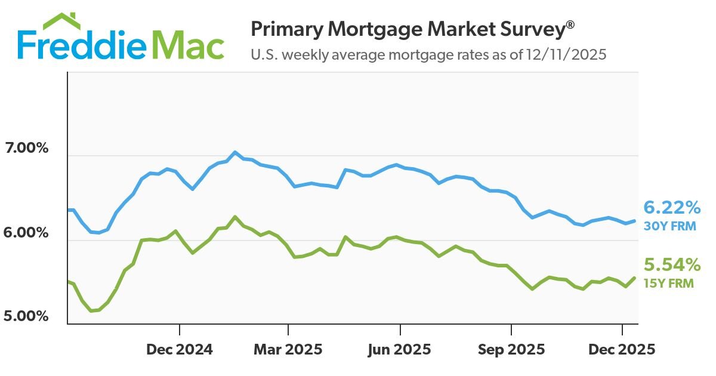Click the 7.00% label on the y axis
pos(26,148)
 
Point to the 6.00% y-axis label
pos(26,232)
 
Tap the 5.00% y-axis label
pos(26,316)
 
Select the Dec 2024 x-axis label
pos(179,349)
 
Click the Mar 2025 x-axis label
pos(288,349)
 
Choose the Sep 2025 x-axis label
pos(511,349)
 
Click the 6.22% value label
pos(671,208)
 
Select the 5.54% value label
pos(671,264)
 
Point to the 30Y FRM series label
pos(669,226)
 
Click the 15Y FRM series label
pos(668,283)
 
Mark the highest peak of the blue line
pos(234,152)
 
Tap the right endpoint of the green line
pos(634,278)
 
